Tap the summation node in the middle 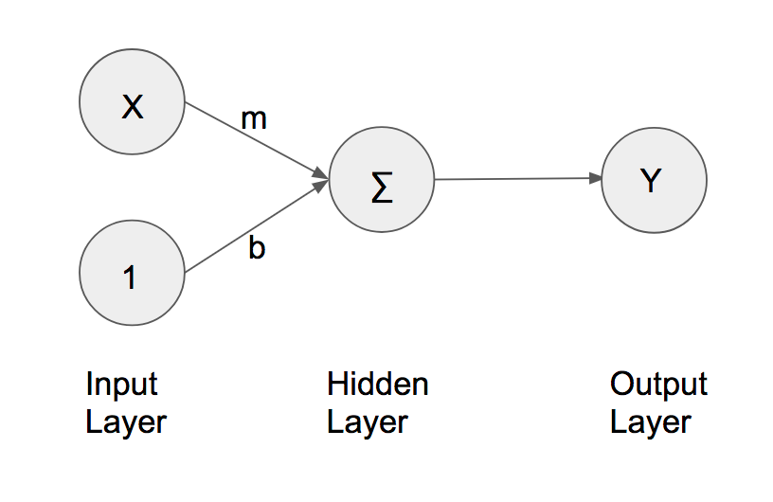pyautogui.click(x=381, y=180)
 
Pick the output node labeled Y pyautogui.click(x=654, y=180)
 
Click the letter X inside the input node pyautogui.click(x=133, y=107)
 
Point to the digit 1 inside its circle pyautogui.click(x=130, y=277)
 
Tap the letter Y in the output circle pyautogui.click(x=650, y=180)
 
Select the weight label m pyautogui.click(x=254, y=119)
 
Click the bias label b pyautogui.click(x=256, y=249)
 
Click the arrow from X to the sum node pyautogui.click(x=251, y=139)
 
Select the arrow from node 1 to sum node pyautogui.click(x=251, y=230)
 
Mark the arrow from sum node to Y pyautogui.click(x=516, y=179)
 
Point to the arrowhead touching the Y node pyautogui.click(x=596, y=178)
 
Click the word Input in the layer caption pyautogui.click(x=121, y=384)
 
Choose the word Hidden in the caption pyautogui.click(x=377, y=384)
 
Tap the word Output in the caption pyautogui.click(x=658, y=384)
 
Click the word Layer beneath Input pyautogui.click(x=125, y=421)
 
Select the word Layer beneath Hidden pyautogui.click(x=367, y=421)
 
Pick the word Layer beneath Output pyautogui.click(x=650, y=421)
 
